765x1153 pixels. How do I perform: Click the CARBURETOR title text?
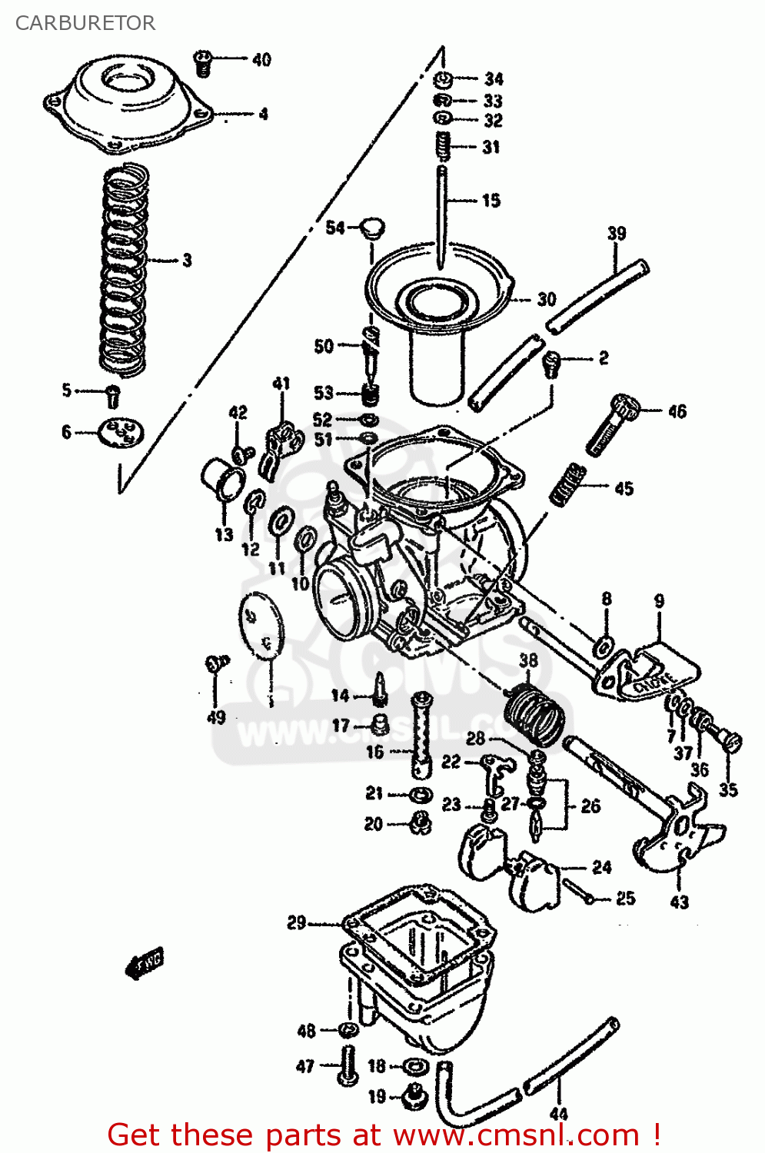click(x=85, y=23)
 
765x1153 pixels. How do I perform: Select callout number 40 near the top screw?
click(x=261, y=59)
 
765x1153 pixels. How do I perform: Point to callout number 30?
click(x=546, y=299)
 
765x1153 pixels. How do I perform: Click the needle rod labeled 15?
click(x=442, y=215)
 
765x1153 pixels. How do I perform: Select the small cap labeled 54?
click(x=373, y=228)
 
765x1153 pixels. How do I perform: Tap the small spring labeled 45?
click(x=568, y=484)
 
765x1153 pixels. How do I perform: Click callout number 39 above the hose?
click(x=617, y=233)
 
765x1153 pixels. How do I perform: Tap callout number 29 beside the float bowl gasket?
click(x=296, y=922)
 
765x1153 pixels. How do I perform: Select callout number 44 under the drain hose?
click(x=559, y=1113)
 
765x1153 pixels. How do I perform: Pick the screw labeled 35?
click(x=731, y=743)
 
